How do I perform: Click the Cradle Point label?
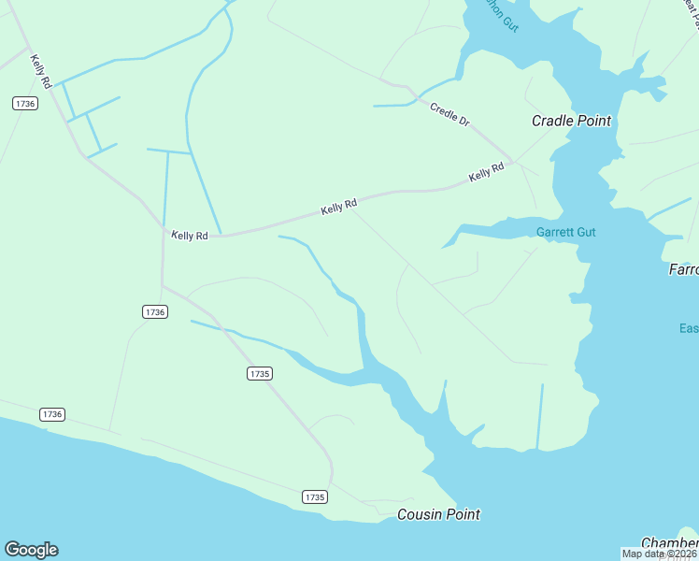point(571,121)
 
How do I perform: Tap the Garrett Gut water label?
point(565,232)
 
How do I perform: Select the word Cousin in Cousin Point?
point(418,514)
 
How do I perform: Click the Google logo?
point(31,550)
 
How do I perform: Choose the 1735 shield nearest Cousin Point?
point(315,497)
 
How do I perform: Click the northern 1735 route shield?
point(260,373)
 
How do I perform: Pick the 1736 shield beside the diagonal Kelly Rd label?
point(25,104)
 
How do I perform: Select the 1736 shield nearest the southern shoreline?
point(52,413)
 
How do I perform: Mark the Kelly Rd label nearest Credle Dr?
point(486,173)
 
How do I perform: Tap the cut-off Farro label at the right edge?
point(683,270)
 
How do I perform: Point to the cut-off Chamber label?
point(669,543)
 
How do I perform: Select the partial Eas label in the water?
point(689,328)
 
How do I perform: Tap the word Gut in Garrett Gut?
point(585,232)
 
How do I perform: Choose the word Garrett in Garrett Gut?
point(554,232)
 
